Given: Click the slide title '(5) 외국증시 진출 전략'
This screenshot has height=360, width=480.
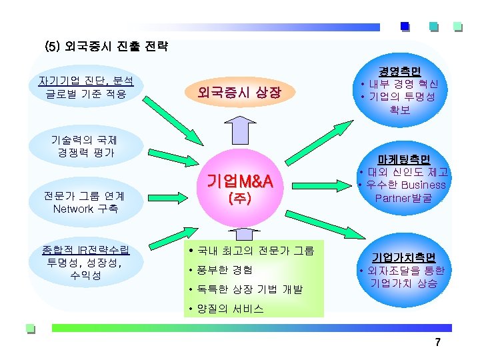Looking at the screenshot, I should tap(106, 47).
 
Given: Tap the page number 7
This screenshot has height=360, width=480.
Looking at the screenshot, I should tap(437, 343).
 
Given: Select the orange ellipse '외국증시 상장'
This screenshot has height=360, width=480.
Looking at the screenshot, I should tap(239, 93).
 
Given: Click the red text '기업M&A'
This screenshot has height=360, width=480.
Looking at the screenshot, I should tap(239, 181).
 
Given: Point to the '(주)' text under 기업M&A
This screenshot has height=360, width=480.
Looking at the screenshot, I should tap(239, 198).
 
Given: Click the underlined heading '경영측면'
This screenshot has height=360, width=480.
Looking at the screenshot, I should tap(400, 71).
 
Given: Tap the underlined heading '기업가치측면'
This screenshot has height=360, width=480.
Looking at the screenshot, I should tap(404, 257).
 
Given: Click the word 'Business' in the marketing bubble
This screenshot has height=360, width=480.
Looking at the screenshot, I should tap(423, 185).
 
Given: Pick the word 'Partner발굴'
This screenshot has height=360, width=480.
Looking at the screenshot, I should tap(403, 198).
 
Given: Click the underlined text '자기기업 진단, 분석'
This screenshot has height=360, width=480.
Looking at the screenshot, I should tap(86, 81).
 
